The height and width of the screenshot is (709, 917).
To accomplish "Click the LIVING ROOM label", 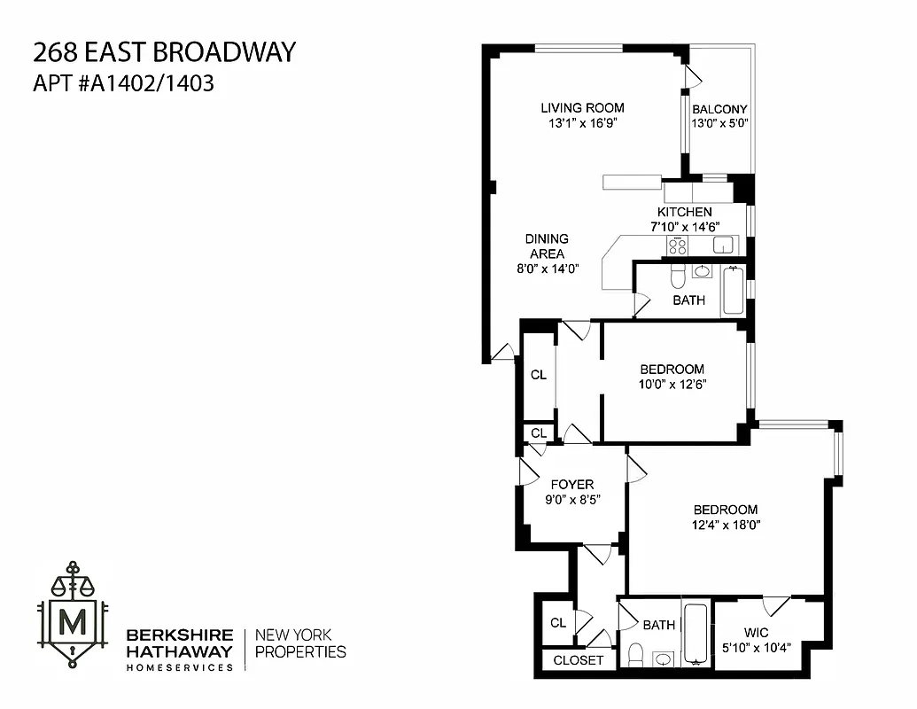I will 582,108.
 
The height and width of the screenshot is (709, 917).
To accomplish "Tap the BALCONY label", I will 719,109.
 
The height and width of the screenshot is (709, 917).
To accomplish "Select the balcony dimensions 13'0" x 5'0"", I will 719,124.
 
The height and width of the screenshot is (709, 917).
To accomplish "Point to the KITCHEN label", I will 684,212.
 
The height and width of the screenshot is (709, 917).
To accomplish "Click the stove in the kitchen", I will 678,245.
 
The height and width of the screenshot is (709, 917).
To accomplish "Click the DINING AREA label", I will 547,246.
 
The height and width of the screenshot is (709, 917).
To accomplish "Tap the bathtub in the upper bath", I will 733,290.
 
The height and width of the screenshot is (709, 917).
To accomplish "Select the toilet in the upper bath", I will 678,276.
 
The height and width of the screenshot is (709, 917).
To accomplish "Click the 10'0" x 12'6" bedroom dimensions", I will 672,385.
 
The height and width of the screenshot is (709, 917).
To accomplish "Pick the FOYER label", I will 571,484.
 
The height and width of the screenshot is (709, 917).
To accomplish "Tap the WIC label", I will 756,632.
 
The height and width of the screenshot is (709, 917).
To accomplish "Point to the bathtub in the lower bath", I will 696,633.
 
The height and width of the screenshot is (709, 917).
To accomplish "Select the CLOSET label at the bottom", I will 578,660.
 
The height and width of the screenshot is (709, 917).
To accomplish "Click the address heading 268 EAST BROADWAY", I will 163,52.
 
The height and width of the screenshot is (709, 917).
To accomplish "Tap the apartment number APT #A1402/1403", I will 123,84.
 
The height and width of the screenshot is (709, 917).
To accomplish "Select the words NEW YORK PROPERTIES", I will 300,643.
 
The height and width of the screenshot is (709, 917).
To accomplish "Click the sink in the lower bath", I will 663,658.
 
